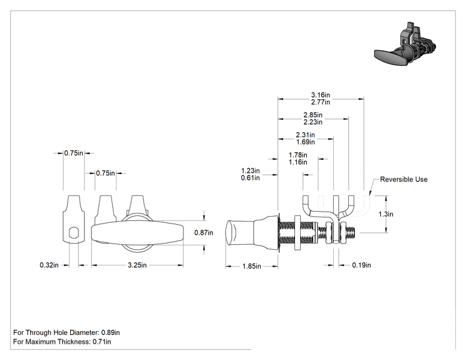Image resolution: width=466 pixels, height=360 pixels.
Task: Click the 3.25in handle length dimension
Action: tap(137, 265)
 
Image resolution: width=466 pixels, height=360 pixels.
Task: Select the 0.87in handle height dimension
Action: tap(204, 232)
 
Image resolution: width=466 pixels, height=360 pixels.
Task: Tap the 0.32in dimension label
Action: tap(49, 265)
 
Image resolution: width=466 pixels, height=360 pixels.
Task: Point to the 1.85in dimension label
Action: tap(251, 266)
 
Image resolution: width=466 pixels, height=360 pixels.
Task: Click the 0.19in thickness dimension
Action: tap(361, 265)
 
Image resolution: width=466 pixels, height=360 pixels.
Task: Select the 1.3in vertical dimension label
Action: tap(386, 214)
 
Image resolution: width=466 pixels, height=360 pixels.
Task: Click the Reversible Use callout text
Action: tap(403, 180)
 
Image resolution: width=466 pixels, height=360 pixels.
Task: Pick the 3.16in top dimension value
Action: tap(321, 95)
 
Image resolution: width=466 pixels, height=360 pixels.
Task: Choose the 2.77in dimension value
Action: tap(321, 102)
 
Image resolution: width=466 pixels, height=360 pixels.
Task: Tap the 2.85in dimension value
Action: tap(313, 115)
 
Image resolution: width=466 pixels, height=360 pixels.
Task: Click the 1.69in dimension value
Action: tap(305, 142)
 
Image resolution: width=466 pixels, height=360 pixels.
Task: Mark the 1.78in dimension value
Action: tap(298, 155)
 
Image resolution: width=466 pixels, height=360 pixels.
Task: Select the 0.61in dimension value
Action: tap(251, 178)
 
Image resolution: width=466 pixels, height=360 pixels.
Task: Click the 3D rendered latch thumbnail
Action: tap(405, 43)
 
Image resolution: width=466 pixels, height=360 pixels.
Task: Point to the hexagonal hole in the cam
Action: tap(73, 233)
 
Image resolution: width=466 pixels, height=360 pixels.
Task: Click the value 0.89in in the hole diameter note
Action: tap(111, 332)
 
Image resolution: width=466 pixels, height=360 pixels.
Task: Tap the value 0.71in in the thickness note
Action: tap(101, 342)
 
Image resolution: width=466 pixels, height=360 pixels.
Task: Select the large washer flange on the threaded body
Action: tap(298, 232)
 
